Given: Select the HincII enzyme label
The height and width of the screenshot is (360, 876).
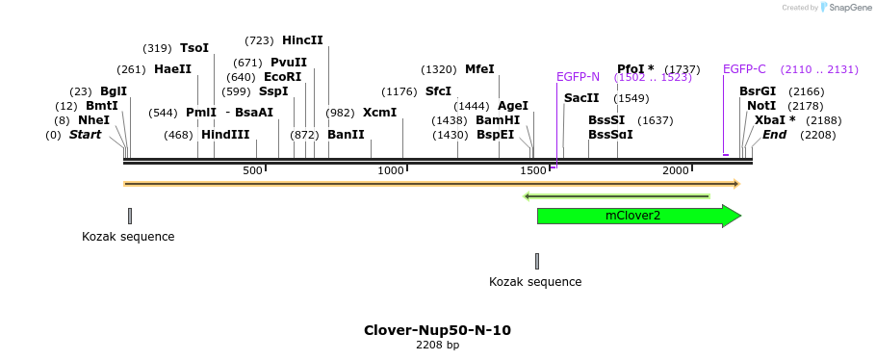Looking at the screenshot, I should point(302,40).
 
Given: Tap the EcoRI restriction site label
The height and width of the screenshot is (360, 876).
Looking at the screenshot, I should point(282,77).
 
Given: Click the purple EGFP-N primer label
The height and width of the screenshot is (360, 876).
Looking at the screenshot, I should point(578,77).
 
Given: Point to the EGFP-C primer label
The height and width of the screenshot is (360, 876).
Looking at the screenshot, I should point(744,69).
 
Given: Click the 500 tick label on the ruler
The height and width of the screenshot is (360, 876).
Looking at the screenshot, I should point(252,170).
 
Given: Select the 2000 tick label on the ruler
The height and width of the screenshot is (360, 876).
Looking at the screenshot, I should point(676,170).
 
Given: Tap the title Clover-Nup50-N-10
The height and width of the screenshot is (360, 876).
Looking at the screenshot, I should point(437,330).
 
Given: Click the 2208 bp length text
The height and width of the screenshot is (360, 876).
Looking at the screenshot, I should point(437,345).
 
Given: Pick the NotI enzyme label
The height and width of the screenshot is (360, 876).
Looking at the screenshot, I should point(761,106).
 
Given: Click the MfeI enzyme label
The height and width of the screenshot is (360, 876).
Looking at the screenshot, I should point(479,69).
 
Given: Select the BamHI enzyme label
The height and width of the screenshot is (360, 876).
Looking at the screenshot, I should point(498,120).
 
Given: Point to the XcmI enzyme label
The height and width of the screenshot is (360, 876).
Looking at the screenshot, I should point(379,113).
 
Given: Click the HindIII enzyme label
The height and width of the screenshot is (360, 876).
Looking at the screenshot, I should point(225,135).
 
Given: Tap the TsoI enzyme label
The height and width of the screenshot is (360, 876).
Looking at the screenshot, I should point(194,48).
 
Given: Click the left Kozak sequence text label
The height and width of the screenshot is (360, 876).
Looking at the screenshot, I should point(128,237).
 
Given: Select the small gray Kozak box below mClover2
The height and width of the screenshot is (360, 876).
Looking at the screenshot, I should point(537,261).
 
